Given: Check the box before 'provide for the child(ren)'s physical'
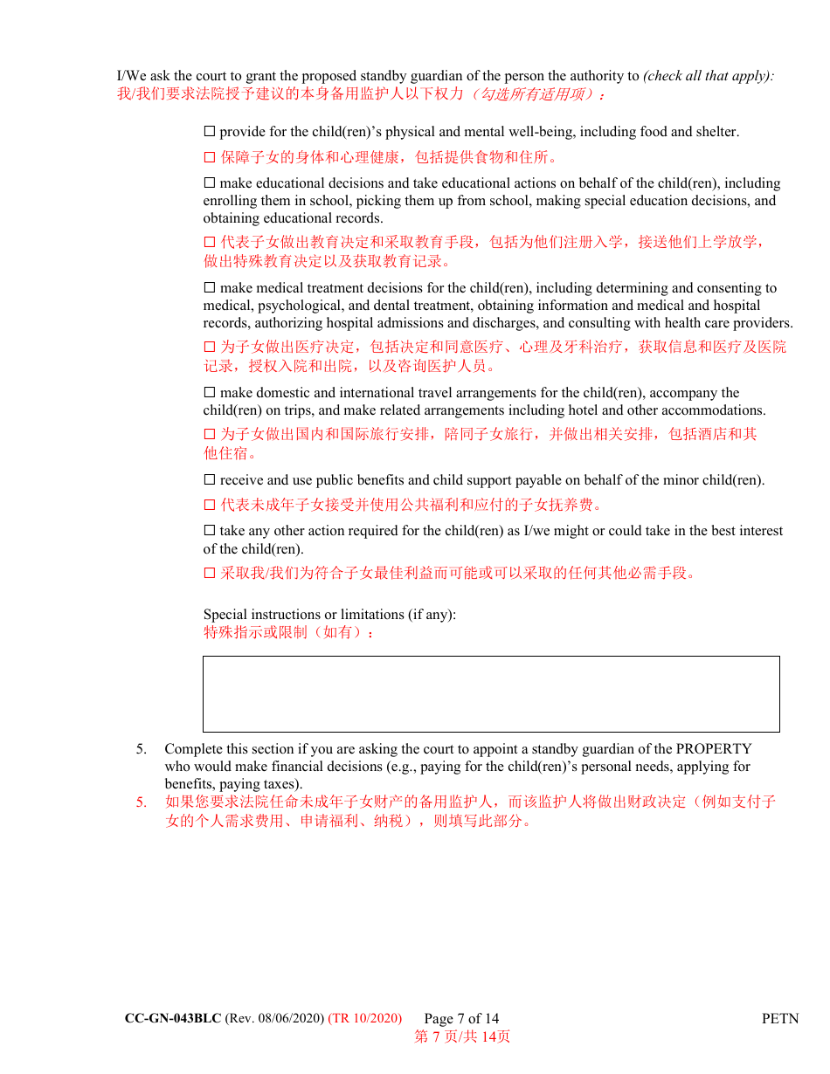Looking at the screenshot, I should click(209, 132).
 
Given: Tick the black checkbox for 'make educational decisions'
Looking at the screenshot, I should click(209, 183).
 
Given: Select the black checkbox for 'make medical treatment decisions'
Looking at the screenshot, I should click(209, 288).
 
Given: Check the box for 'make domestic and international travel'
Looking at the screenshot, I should click(209, 393).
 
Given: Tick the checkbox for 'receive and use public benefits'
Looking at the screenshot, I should click(209, 480).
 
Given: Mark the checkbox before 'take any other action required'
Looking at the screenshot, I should click(209, 531).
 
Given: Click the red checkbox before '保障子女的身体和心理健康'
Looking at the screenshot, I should click(209, 158).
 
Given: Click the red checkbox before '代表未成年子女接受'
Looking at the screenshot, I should click(209, 505).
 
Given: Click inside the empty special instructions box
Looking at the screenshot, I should click(491, 694).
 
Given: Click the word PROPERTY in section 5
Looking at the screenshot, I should click(714, 749).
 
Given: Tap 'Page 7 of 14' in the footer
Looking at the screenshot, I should click(461, 1018).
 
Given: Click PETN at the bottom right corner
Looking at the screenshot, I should click(780, 1018).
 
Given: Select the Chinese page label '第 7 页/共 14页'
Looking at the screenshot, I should click(462, 1036).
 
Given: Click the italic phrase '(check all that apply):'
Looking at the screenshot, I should click(709, 76).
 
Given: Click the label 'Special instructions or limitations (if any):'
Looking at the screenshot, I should click(329, 615).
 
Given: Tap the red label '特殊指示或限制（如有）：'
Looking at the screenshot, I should click(289, 632).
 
